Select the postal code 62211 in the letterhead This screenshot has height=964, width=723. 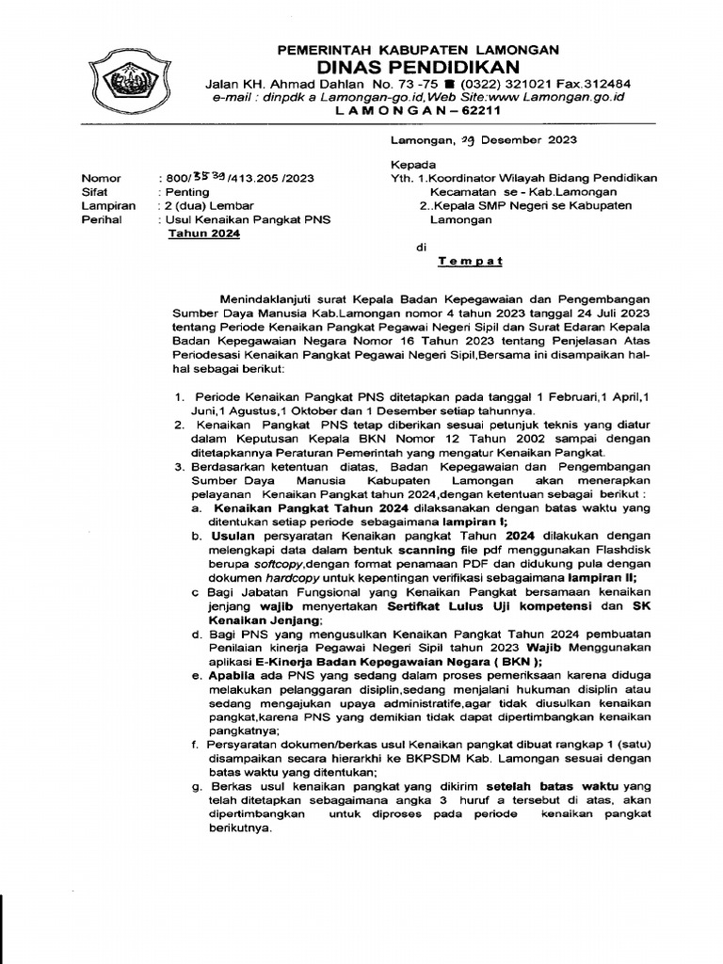479,110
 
